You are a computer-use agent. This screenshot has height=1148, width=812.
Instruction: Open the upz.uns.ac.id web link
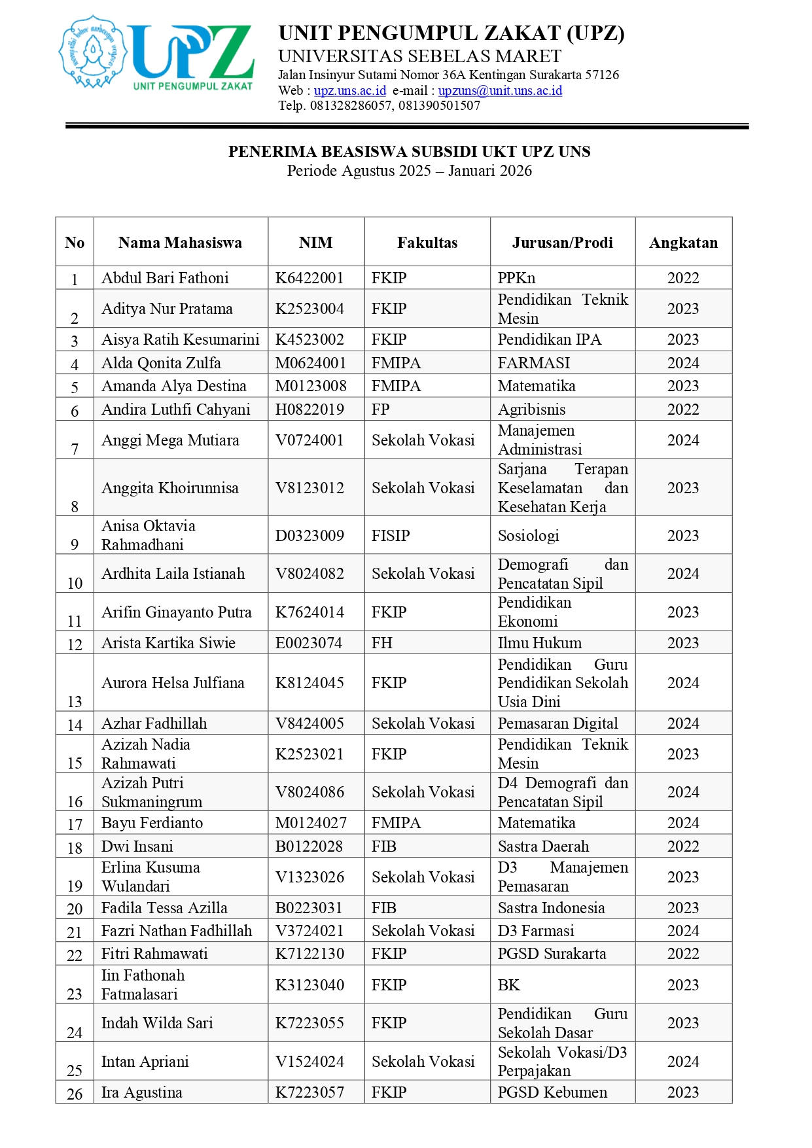click(350, 90)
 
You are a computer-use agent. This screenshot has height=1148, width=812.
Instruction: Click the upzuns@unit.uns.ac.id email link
click(500, 90)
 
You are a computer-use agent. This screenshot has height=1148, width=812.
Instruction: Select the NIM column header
click(315, 243)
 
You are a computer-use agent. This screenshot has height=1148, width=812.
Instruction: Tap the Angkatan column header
click(683, 243)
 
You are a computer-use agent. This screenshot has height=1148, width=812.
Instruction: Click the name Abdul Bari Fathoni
click(165, 278)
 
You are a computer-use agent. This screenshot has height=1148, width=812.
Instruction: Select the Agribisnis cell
click(531, 409)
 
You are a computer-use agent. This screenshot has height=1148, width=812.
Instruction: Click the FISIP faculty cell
click(391, 536)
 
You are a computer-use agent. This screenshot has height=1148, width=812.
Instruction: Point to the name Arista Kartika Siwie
click(168, 643)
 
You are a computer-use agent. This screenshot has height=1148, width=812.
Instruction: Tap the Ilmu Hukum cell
click(539, 643)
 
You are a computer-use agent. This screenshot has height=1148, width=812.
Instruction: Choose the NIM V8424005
click(309, 723)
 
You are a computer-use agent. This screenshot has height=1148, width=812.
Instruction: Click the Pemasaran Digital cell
click(557, 723)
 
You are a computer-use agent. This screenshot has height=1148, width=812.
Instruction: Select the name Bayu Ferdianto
click(152, 823)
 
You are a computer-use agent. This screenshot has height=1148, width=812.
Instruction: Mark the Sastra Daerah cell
click(543, 846)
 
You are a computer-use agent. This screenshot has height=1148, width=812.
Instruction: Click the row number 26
click(75, 1093)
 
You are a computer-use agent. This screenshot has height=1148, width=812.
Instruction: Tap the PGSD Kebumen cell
click(552, 1092)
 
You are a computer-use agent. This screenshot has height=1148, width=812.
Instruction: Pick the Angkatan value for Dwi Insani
click(683, 846)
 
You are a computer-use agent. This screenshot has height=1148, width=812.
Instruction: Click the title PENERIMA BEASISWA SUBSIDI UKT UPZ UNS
click(409, 152)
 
